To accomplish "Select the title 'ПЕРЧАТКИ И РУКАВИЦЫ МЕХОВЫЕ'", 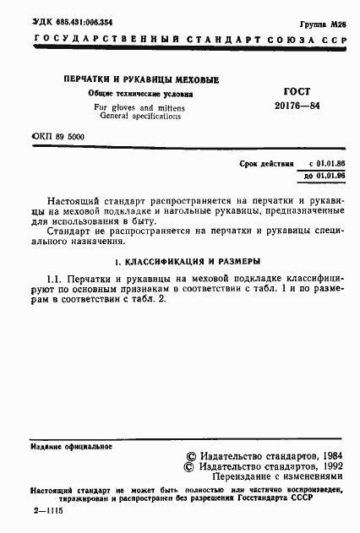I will click(x=140, y=79).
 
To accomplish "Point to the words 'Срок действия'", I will click(x=269, y=163).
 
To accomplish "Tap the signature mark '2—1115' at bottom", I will click(x=48, y=512).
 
